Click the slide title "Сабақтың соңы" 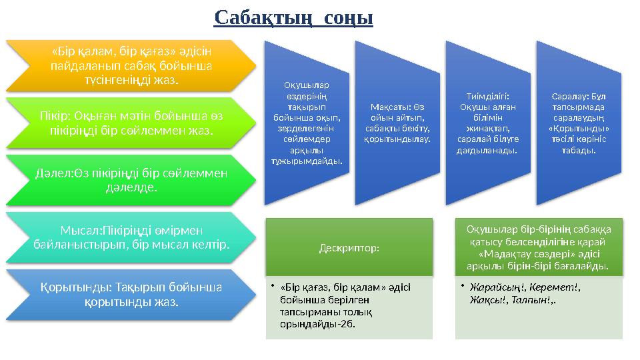coord(293,17)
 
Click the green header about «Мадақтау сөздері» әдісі coord(538,247)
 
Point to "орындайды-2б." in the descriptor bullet coord(318,324)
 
